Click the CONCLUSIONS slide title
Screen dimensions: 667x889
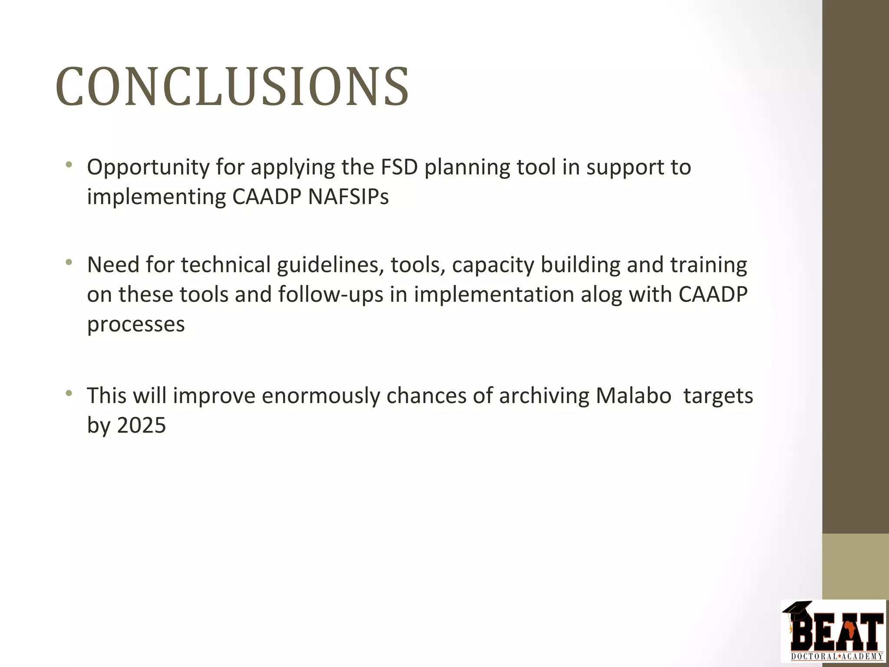point(232,87)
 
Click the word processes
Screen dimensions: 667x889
point(136,324)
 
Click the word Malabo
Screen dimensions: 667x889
point(633,396)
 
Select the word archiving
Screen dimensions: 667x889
point(544,396)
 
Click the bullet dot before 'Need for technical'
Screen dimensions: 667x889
point(69,262)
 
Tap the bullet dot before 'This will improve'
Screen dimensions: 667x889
point(69,393)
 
